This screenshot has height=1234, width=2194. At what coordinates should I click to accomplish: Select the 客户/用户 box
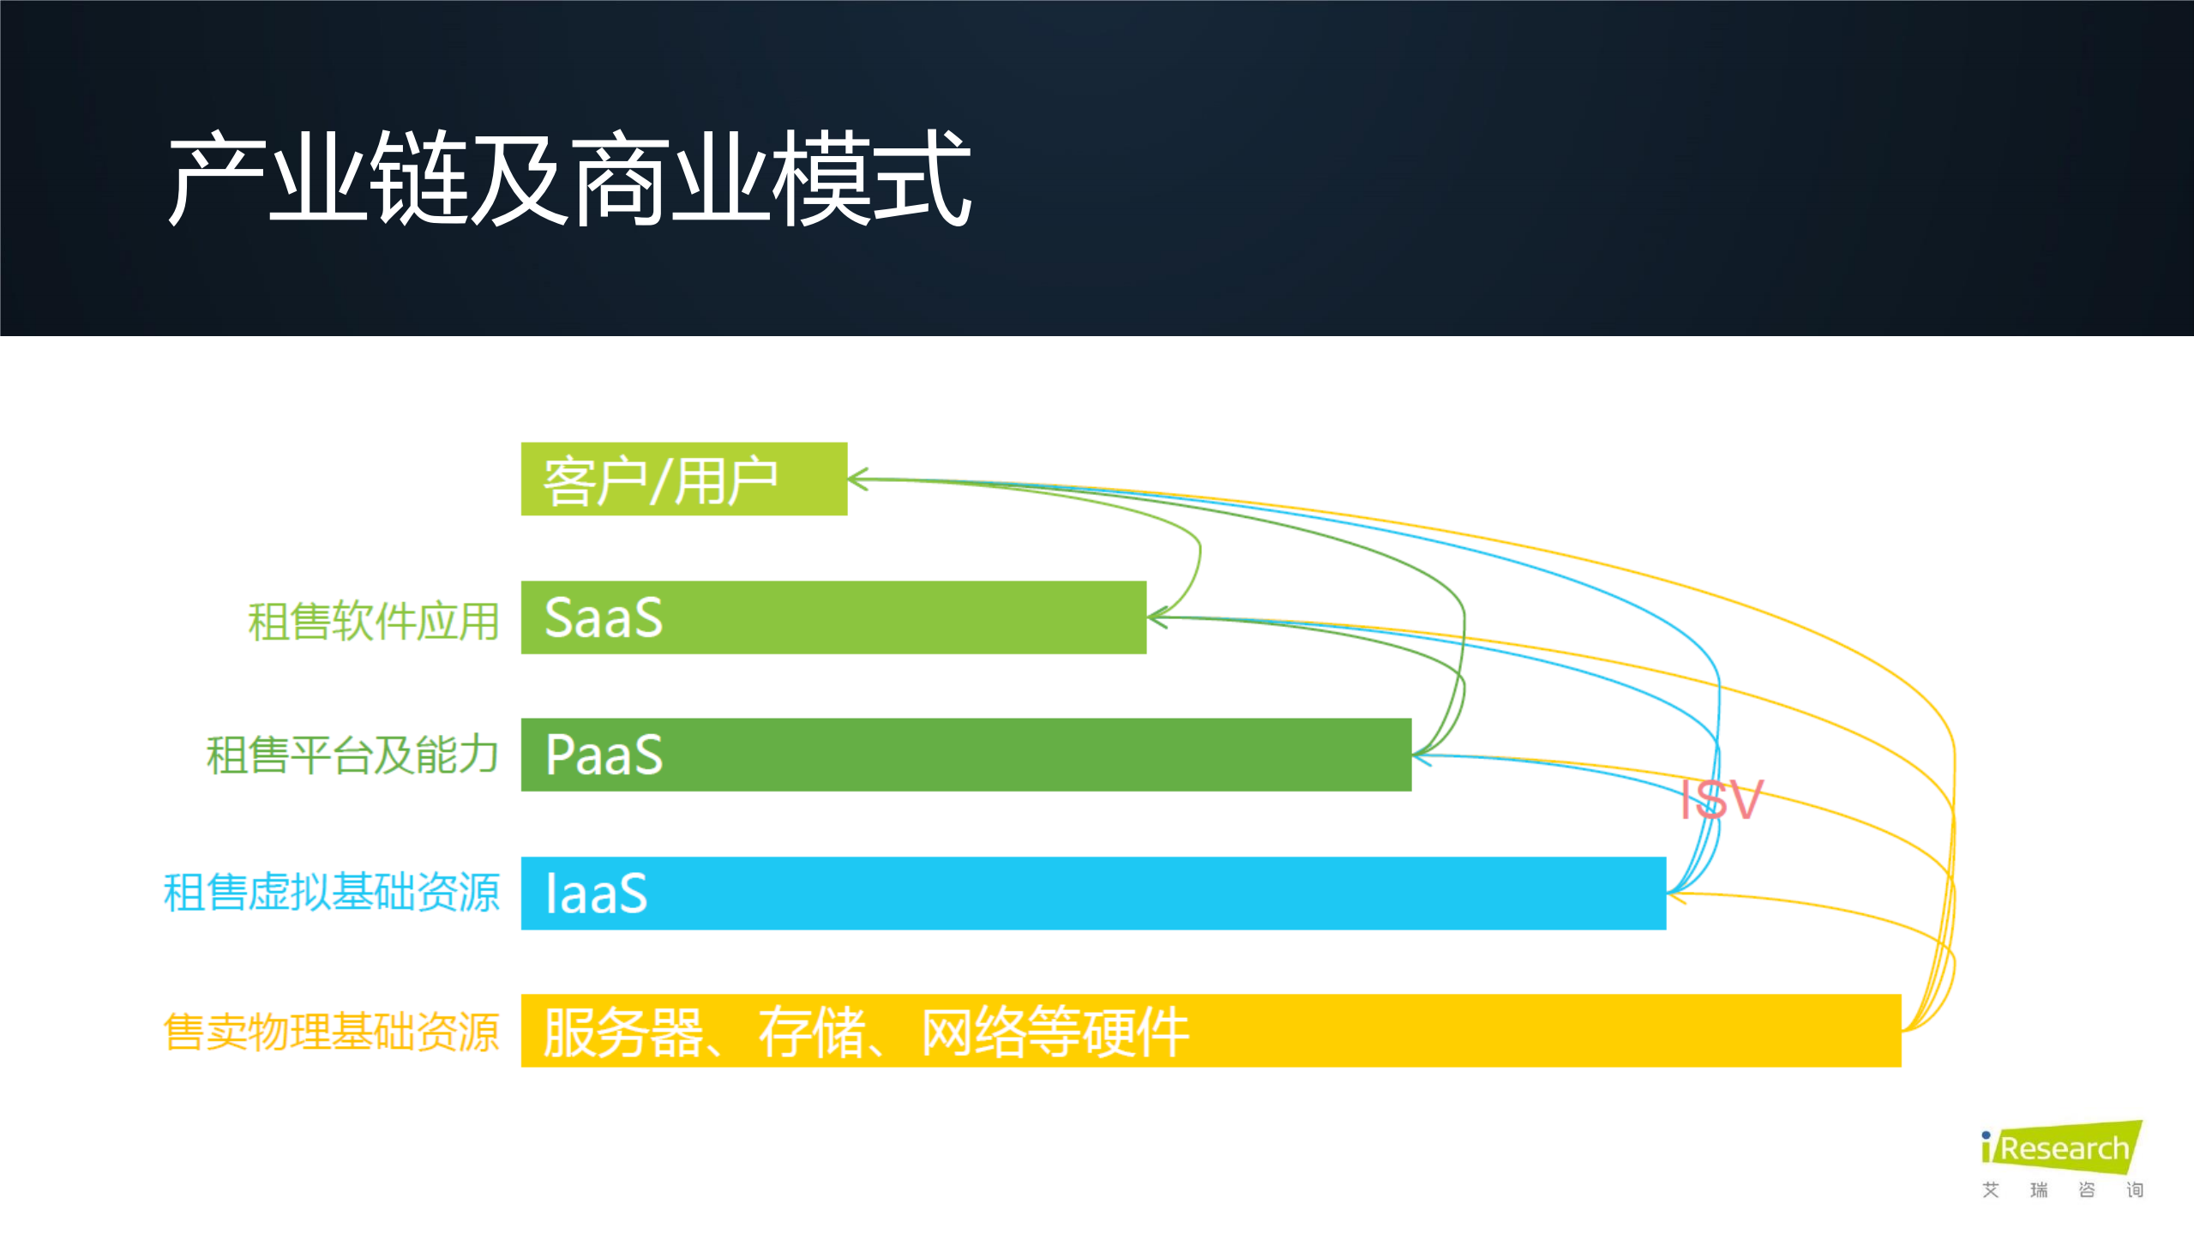(x=683, y=479)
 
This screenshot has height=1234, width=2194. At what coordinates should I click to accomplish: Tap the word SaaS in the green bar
(x=604, y=617)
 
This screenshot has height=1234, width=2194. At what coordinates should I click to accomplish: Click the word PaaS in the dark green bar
(x=604, y=755)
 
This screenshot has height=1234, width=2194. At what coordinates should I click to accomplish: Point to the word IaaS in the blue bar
(x=596, y=894)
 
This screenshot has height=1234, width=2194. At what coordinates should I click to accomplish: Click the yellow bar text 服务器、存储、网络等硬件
(x=866, y=1032)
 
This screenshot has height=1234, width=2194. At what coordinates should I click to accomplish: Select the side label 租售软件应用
(x=373, y=621)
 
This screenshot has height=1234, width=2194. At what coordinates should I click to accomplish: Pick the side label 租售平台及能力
(x=352, y=755)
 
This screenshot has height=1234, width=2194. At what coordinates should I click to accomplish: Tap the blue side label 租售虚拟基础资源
(x=331, y=893)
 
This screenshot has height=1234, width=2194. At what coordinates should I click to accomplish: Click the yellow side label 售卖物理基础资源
(x=331, y=1032)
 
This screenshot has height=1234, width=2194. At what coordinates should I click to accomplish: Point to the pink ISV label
(x=1721, y=799)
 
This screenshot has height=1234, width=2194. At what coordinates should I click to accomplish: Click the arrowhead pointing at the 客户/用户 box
(x=857, y=479)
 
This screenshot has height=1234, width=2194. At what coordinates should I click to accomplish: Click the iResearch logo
(x=2061, y=1147)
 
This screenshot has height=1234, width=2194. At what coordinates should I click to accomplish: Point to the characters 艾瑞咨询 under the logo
(x=2061, y=1189)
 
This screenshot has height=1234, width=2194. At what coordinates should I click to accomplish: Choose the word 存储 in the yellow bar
(x=811, y=1032)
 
